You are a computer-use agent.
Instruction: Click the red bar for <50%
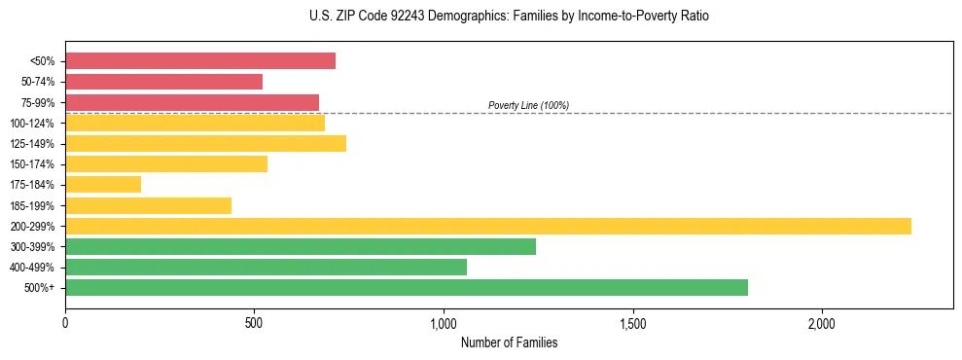pos(200,61)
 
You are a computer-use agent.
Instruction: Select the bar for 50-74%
pos(163,82)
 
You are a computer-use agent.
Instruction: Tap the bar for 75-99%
pos(192,102)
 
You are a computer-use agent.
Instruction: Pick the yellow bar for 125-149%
pos(205,144)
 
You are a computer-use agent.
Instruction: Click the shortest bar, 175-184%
pos(103,185)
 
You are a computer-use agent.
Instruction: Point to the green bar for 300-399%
pos(301,247)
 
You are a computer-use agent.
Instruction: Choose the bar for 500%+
pos(407,288)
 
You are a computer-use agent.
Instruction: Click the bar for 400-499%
pos(266,268)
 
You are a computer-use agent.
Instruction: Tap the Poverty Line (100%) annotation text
pos(528,105)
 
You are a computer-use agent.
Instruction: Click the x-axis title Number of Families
pos(509,343)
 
